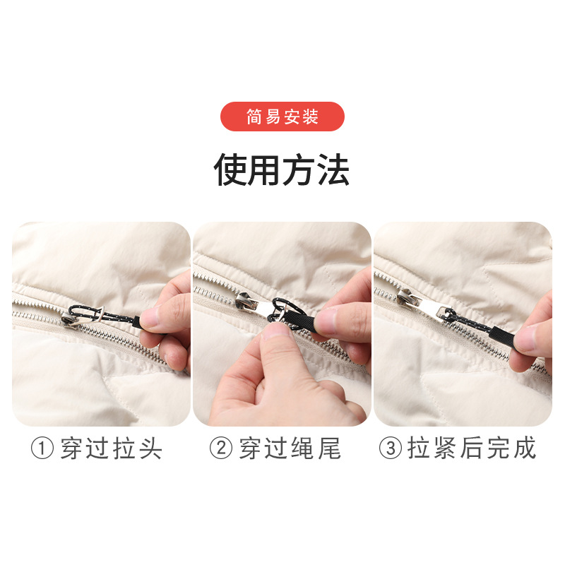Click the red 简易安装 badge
[x=282, y=117]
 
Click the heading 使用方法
[x=282, y=170]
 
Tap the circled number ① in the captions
[x=42, y=448]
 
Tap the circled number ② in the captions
[x=220, y=448]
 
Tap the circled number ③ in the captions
[x=390, y=448]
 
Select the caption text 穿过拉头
[x=111, y=448]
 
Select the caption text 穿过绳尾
[x=290, y=448]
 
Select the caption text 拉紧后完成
[x=472, y=448]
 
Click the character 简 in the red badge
[x=254, y=117]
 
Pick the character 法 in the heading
[x=333, y=170]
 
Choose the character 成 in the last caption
[x=523, y=448]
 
